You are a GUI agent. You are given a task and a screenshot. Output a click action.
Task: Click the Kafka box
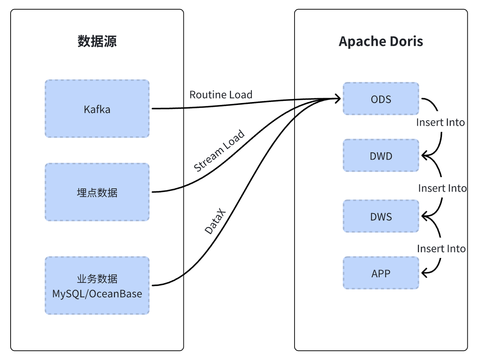click(97, 109)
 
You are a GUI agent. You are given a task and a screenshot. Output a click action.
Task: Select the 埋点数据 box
click(97, 192)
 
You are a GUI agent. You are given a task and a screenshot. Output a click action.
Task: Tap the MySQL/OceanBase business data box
click(97, 286)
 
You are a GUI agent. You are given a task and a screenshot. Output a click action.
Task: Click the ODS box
click(381, 99)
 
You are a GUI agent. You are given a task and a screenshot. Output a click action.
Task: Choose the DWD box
click(381, 156)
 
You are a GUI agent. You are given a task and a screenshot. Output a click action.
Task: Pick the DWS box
click(381, 216)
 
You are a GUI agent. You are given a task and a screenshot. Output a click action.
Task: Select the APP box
click(381, 273)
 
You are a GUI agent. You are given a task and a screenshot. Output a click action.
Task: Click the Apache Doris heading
click(381, 41)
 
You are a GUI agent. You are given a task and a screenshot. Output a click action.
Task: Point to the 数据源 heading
click(97, 41)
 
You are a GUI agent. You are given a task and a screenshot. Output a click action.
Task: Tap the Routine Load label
click(221, 94)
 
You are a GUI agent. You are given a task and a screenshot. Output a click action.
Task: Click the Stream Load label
click(219, 151)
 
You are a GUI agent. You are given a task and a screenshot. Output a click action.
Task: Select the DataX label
click(215, 221)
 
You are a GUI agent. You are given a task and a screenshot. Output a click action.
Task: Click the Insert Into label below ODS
click(440, 122)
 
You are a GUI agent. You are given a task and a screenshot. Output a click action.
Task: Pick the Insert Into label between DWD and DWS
click(442, 188)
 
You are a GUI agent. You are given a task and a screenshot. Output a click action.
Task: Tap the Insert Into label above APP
click(441, 249)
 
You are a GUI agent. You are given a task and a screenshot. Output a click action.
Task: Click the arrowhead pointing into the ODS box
click(337, 99)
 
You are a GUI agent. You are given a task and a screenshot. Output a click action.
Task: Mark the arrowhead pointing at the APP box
click(425, 272)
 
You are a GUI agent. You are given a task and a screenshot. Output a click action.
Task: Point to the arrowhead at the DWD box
click(425, 155)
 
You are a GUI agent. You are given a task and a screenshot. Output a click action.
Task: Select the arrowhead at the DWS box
click(425, 216)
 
